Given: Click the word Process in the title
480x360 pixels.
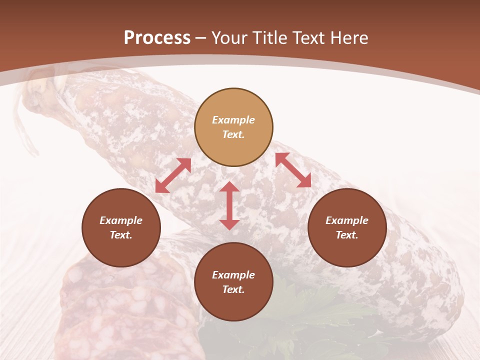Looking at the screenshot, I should pyautogui.click(x=157, y=38).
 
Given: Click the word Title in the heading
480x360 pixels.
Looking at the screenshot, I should pyautogui.click(x=269, y=38).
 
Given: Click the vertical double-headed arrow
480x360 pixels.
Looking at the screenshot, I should pyautogui.click(x=229, y=205).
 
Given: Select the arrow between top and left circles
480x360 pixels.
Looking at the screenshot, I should pyautogui.click(x=173, y=175).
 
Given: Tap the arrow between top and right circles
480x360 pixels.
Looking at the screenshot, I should pyautogui.click(x=293, y=170).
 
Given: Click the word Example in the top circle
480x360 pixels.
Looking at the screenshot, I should pyautogui.click(x=233, y=120).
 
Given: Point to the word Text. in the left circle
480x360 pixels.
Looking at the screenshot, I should pyautogui.click(x=121, y=235).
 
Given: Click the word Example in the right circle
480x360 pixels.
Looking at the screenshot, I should pyautogui.click(x=347, y=220).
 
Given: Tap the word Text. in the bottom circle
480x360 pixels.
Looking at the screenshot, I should pyautogui.click(x=233, y=289).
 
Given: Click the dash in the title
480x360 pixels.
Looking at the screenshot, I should pyautogui.click(x=201, y=38).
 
